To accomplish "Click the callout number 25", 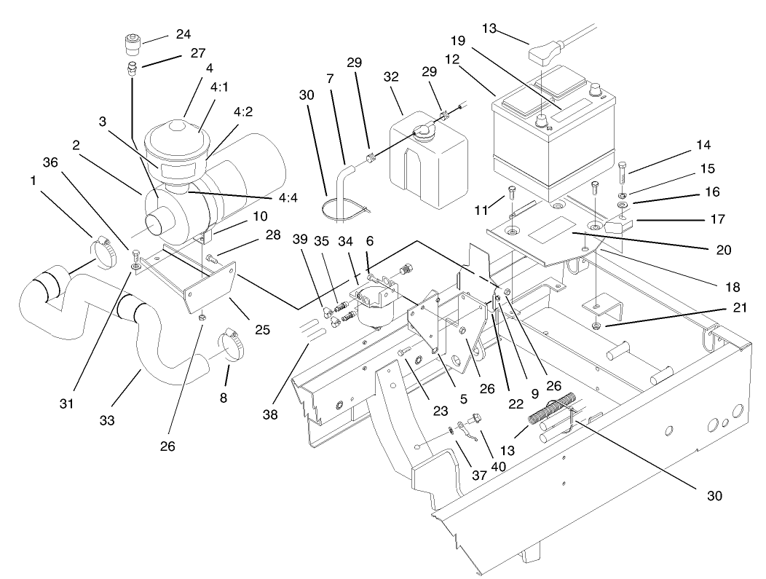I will point(264,330).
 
